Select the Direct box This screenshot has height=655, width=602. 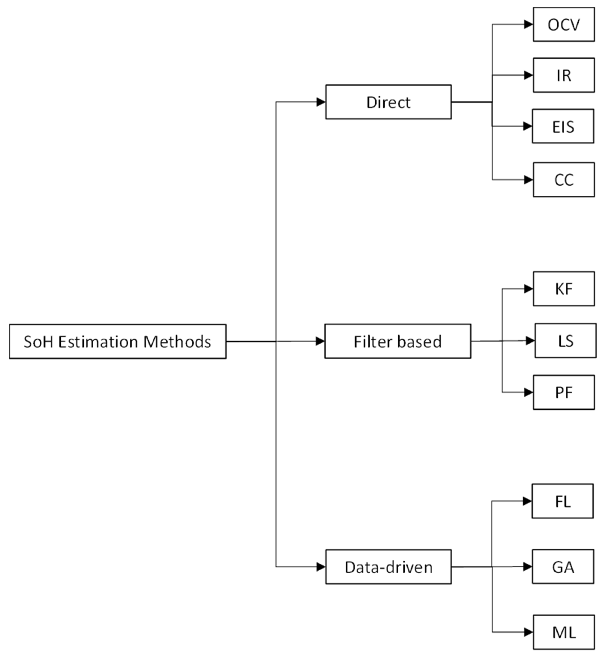[388, 102]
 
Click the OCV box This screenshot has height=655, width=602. [564, 24]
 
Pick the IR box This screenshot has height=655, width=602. [564, 75]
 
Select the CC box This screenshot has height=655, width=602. [564, 180]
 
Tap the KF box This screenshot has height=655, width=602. [564, 289]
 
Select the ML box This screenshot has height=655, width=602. [564, 632]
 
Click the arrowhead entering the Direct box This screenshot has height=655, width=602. [321, 102]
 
